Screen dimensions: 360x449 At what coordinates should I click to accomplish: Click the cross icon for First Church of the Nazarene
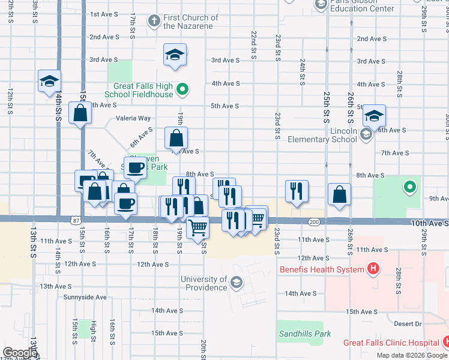(154, 21)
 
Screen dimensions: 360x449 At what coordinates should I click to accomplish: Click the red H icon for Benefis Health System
(373, 269)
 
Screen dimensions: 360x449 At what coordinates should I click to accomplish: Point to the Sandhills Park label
(304, 333)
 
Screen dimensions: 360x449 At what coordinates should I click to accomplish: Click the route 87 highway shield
(76, 221)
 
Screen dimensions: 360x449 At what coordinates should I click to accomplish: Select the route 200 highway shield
(314, 222)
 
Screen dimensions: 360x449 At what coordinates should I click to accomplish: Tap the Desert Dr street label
(408, 323)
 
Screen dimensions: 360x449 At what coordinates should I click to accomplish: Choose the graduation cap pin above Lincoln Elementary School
(373, 115)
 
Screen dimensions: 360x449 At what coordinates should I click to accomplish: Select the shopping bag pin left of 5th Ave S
(80, 112)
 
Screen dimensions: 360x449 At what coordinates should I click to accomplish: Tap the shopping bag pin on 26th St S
(340, 194)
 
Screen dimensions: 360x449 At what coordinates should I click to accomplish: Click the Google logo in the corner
(20, 353)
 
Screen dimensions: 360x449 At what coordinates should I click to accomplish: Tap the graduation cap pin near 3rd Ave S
(175, 55)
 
